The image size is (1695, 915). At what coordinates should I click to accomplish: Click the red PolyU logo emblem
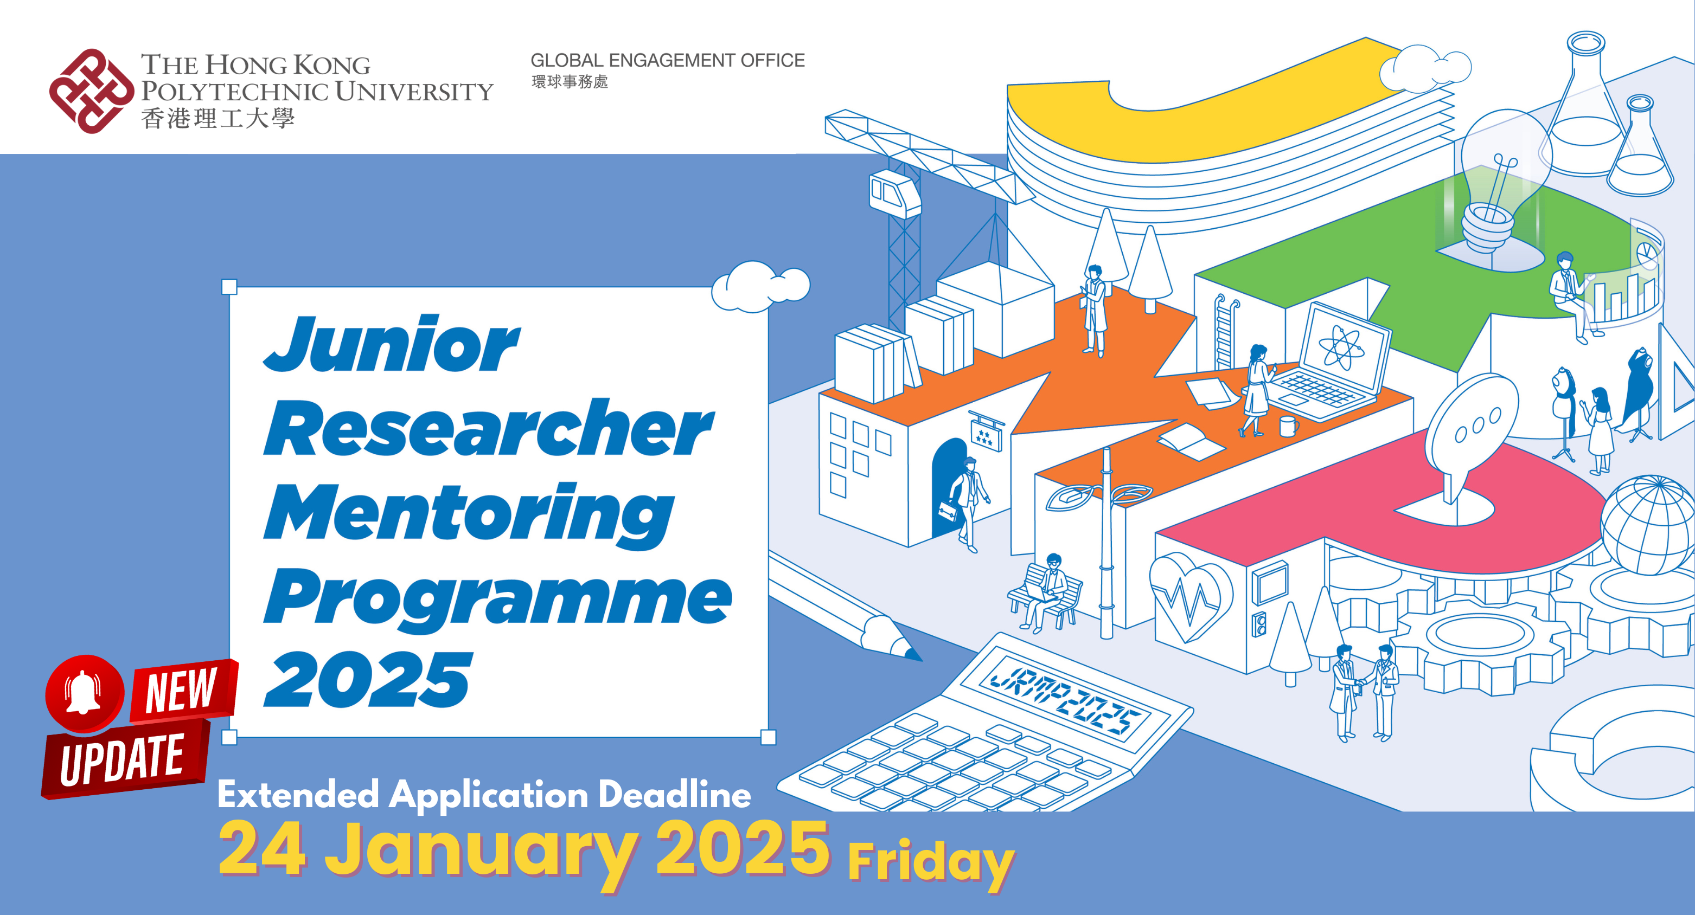point(91,91)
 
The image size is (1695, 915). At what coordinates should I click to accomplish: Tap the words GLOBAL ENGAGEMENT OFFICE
point(667,61)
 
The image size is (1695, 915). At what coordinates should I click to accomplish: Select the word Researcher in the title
point(488,428)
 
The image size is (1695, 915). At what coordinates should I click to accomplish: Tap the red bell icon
point(84,693)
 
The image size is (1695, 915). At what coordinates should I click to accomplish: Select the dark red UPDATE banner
point(124,760)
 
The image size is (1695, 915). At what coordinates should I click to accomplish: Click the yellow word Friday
point(930,862)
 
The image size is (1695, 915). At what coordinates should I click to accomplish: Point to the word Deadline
point(674,795)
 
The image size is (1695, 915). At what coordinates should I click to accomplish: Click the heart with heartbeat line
point(1189,596)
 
